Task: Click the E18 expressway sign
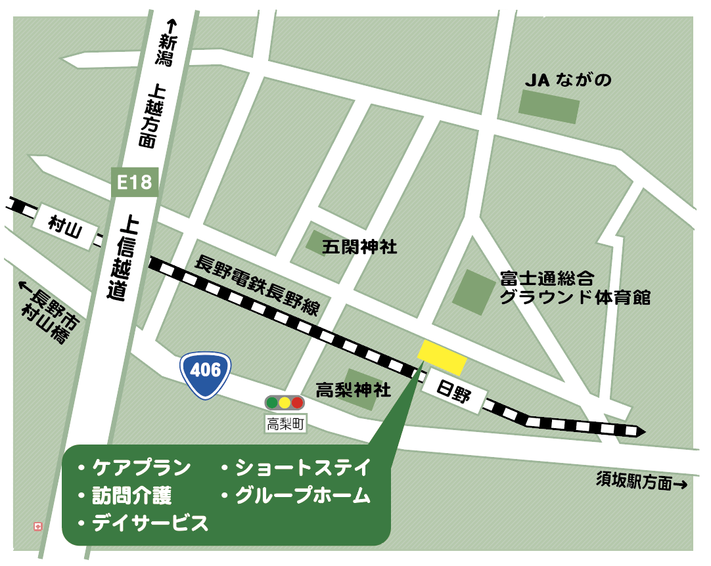pyautogui.click(x=135, y=183)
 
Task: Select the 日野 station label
pyautogui.click(x=454, y=391)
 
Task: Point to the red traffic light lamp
pyautogui.click(x=297, y=403)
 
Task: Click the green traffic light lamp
pyautogui.click(x=271, y=403)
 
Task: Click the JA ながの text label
pyautogui.click(x=568, y=80)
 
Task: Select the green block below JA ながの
pyautogui.click(x=549, y=106)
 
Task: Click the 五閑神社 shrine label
pyautogui.click(x=359, y=247)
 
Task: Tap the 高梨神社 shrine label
pyautogui.click(x=353, y=390)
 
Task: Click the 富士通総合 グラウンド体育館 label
pyautogui.click(x=574, y=287)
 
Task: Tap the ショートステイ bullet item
pyautogui.click(x=295, y=468)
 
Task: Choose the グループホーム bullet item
pyautogui.click(x=295, y=496)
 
